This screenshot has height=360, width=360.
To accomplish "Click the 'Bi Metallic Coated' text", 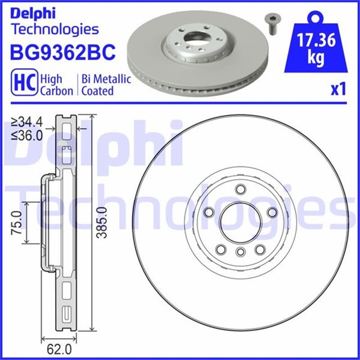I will tap(107, 85).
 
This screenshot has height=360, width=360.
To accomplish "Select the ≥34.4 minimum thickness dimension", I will tap(28, 121).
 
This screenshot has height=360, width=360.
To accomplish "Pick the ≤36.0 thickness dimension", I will tap(28, 135).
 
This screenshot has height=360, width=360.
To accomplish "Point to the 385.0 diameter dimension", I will tap(101, 223).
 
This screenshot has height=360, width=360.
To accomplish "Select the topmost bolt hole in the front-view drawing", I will tap(240, 189).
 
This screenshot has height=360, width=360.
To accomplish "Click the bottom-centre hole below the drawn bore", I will tap(240, 251).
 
